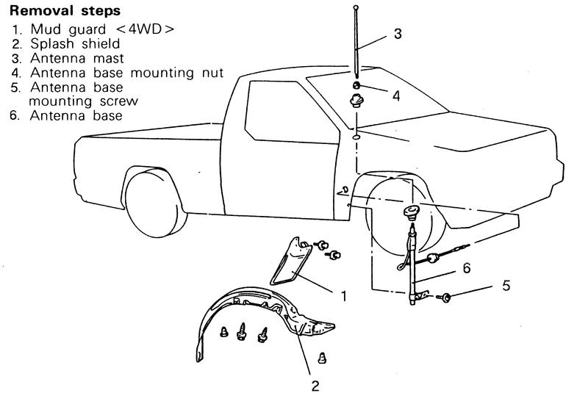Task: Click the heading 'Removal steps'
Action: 65,12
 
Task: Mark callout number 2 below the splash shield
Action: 315,384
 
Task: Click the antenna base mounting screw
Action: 446,297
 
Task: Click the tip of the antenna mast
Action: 355,7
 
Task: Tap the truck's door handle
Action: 343,190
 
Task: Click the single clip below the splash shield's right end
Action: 321,357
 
